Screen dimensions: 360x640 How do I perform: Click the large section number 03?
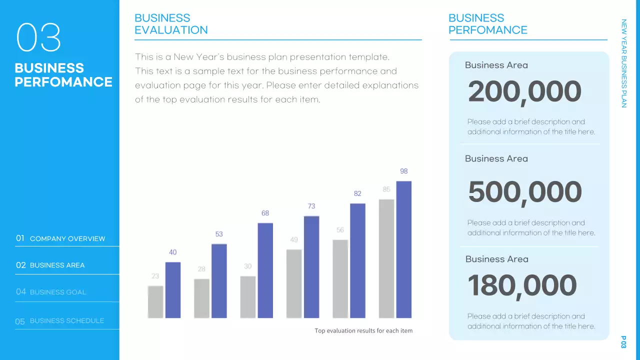coord(38,38)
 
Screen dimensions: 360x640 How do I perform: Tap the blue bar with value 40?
coord(172,290)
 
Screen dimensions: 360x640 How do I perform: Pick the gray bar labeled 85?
coord(386,258)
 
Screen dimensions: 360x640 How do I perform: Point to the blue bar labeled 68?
coord(265,270)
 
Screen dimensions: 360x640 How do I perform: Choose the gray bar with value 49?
coord(294,283)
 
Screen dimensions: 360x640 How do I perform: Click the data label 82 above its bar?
coord(357,193)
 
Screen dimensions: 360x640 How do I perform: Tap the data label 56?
coord(340,230)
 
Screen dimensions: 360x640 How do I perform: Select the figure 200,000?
coord(524,92)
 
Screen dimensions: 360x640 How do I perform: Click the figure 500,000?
coord(525,192)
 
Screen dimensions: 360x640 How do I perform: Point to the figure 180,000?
coord(522,285)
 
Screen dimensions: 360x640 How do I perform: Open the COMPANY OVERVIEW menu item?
coord(67,238)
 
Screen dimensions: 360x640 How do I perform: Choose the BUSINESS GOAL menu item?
coord(57,292)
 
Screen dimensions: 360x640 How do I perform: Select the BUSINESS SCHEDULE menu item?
coord(66,320)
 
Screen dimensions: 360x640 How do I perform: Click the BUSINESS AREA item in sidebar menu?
coord(57,265)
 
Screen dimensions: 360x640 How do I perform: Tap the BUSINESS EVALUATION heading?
coord(171,24)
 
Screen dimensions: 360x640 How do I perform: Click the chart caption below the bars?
coord(363,330)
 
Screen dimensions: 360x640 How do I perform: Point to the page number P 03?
coord(623,342)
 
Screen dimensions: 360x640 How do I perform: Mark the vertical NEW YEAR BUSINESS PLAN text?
coord(623,63)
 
